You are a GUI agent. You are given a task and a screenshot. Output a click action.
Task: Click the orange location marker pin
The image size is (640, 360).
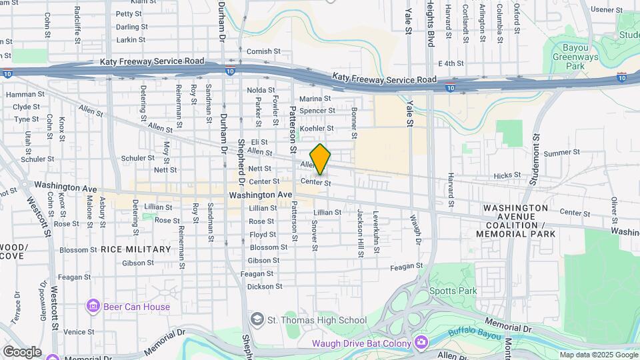[x=320, y=159]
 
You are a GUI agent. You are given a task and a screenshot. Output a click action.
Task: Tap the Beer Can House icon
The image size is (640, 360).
[x=93, y=307]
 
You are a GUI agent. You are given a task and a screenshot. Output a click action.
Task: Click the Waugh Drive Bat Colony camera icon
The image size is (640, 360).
[x=421, y=343]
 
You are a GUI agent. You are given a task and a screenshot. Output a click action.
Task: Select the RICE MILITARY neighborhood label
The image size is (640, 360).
[x=136, y=249]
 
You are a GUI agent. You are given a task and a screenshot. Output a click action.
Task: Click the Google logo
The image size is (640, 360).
[x=22, y=352]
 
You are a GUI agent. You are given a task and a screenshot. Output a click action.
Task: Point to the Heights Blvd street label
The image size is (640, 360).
[x=431, y=23]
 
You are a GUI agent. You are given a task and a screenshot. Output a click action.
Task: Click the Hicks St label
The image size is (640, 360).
[x=507, y=175]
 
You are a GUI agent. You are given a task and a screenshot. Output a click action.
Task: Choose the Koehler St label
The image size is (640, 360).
[x=317, y=128]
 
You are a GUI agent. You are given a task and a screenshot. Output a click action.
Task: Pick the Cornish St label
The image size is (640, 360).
[x=259, y=51]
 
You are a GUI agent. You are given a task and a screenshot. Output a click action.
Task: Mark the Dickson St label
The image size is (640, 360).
[x=265, y=287]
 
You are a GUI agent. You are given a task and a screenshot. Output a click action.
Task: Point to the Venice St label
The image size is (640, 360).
[x=79, y=331]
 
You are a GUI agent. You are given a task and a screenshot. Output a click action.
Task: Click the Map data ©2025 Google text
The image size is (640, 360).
[x=597, y=355]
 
